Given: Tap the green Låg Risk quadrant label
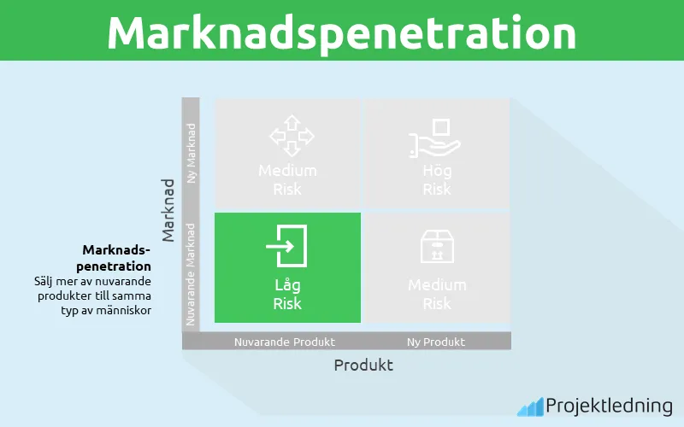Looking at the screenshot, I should (287, 294).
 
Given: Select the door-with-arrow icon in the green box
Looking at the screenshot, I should (287, 247).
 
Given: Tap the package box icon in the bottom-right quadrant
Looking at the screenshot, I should (437, 247).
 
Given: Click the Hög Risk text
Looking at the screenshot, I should (437, 179).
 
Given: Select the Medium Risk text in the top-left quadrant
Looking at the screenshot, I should (287, 179).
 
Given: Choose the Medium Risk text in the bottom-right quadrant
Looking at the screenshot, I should (437, 294).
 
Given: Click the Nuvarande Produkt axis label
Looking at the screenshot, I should (285, 342).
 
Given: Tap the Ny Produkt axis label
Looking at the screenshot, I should (437, 342).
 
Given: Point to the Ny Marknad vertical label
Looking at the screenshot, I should (192, 153).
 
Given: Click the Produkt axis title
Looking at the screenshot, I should (363, 365).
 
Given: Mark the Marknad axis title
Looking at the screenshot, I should (168, 209).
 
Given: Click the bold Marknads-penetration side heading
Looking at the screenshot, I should (116, 258).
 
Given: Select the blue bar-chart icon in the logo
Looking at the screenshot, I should (529, 407).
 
